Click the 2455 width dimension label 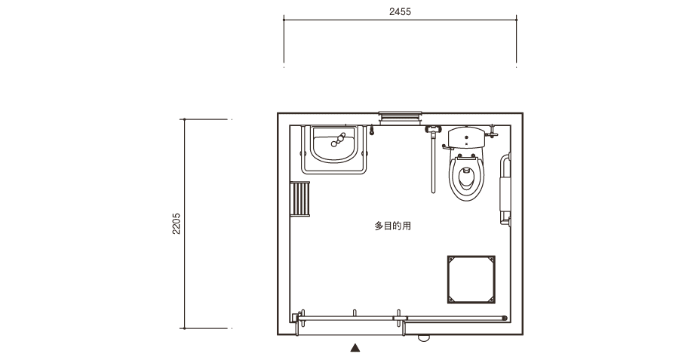click(x=400, y=12)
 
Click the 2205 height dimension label click(x=177, y=223)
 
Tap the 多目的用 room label click(x=392, y=226)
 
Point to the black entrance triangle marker click(x=355, y=348)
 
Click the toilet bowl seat click(x=466, y=177)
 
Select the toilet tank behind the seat click(x=466, y=138)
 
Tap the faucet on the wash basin click(x=337, y=140)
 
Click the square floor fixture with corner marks click(x=471, y=279)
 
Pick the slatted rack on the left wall click(x=299, y=198)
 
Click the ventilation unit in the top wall click(x=400, y=118)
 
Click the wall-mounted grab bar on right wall click(x=505, y=190)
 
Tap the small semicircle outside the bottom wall click(x=424, y=337)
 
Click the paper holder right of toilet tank click(x=491, y=131)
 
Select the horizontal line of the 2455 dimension click(x=400, y=20)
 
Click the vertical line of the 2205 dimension click(x=185, y=223)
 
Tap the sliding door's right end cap click(x=505, y=318)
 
